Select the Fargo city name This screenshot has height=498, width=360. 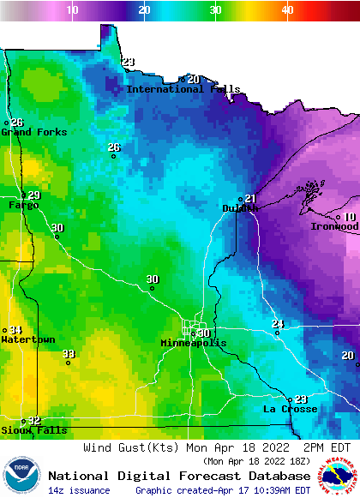click(x=23, y=205)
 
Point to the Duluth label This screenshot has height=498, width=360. click(x=240, y=208)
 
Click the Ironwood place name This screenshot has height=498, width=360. click(x=334, y=226)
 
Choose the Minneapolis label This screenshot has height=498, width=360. click(x=194, y=343)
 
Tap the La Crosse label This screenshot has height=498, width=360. click(x=290, y=409)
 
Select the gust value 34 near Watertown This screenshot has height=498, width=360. click(x=16, y=330)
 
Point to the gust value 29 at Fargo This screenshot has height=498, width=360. click(x=33, y=195)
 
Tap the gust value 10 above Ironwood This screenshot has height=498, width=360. click(x=350, y=217)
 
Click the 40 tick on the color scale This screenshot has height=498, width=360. click(x=287, y=9)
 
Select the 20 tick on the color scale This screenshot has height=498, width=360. click(x=144, y=9)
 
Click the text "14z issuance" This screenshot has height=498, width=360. click(x=79, y=490)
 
